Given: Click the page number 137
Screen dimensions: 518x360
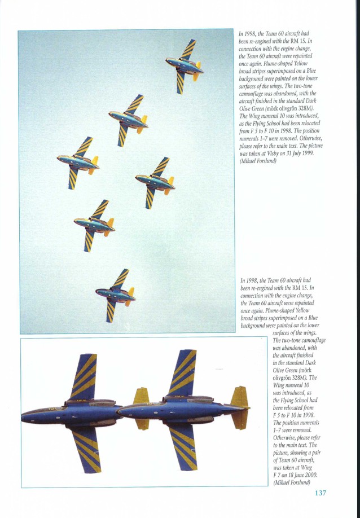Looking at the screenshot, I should click(320, 493).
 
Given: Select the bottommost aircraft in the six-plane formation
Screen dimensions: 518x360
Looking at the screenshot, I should click(116, 294).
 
